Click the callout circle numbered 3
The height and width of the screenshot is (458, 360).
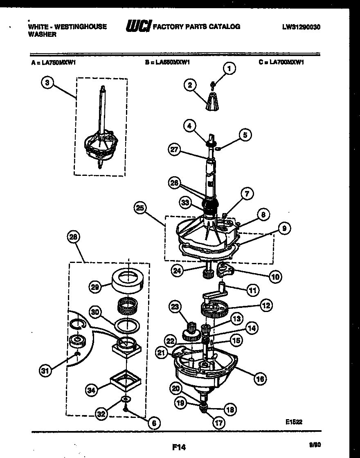click(x=47, y=83)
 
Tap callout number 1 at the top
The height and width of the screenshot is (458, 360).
click(x=229, y=69)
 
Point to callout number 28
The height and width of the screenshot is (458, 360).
click(x=75, y=237)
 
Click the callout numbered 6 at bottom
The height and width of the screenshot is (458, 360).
click(x=153, y=423)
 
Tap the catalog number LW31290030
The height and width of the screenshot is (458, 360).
click(x=301, y=27)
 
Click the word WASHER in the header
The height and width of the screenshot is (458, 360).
click(x=42, y=35)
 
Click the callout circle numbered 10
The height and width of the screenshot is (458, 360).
click(x=275, y=276)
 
